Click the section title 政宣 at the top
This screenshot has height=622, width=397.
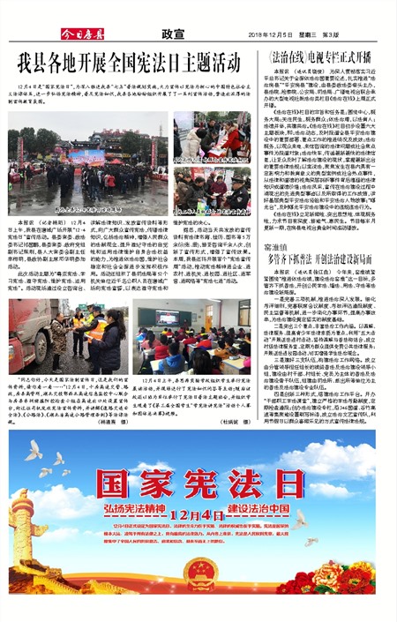click(x=172, y=34)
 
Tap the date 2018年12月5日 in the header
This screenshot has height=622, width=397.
click(x=270, y=34)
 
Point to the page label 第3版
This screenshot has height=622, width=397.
click(x=333, y=34)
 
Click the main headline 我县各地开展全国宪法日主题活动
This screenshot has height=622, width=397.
click(x=128, y=64)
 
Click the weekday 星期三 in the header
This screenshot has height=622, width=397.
click(x=308, y=34)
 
